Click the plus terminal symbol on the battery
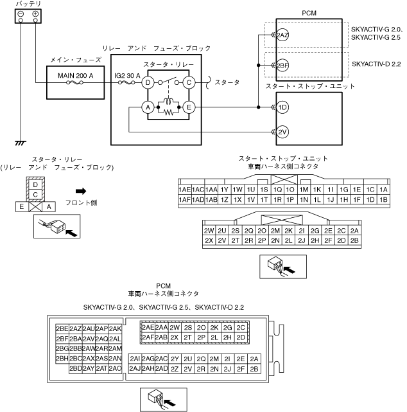click(x=35, y=14)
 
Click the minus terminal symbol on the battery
click(x=21, y=14)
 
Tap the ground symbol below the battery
click(x=21, y=143)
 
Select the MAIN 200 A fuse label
click(x=75, y=76)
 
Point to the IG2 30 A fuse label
click(x=127, y=76)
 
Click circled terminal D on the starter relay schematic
click(x=148, y=82)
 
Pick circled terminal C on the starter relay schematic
click(x=189, y=82)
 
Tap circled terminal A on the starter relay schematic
click(x=148, y=107)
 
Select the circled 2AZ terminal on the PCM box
click(x=282, y=35)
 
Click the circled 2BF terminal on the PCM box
click(x=282, y=65)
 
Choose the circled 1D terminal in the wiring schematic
click(x=282, y=107)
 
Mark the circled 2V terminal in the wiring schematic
click(x=282, y=132)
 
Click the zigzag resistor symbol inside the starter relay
click(x=168, y=112)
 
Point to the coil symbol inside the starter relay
click(x=168, y=101)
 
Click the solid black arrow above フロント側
click(x=81, y=191)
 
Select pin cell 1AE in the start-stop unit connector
click(x=185, y=190)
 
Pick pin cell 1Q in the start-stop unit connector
click(x=277, y=190)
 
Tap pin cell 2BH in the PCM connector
click(x=62, y=359)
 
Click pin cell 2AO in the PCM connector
click(x=115, y=369)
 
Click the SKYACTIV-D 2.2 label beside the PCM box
click(x=376, y=64)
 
